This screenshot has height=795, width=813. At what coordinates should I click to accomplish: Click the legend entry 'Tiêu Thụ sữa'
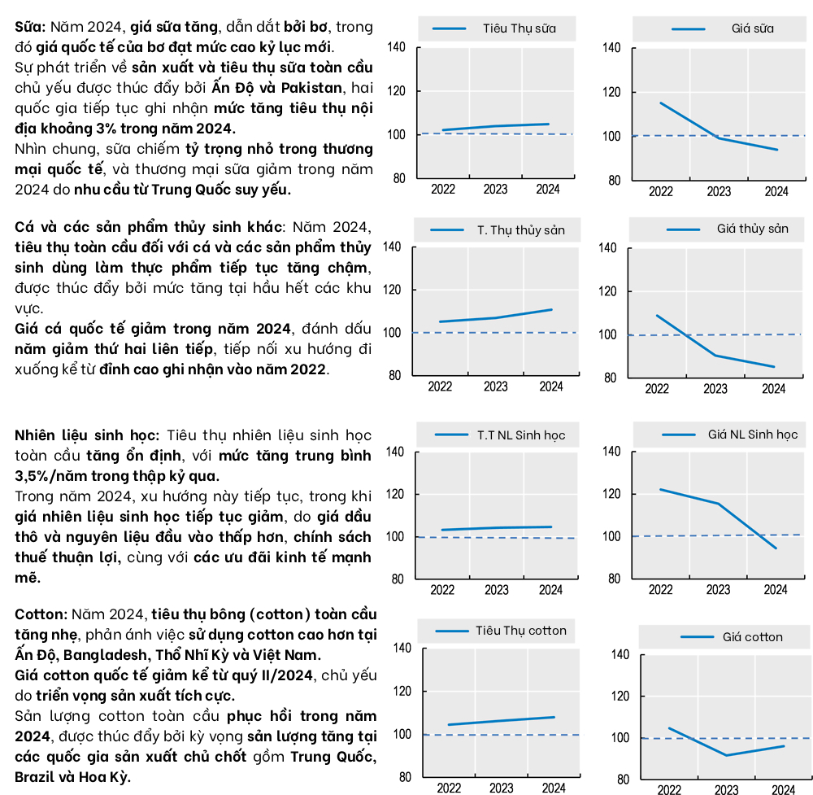click(x=519, y=28)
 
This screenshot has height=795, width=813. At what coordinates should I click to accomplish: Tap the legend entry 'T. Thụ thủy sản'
click(x=520, y=229)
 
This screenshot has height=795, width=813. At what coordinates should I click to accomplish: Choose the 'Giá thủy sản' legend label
click(x=752, y=229)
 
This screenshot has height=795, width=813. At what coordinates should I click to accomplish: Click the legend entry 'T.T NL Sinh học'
click(x=521, y=435)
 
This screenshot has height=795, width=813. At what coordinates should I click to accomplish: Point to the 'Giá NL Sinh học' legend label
click(x=752, y=435)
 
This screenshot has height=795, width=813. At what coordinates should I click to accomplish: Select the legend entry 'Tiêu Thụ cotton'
click(x=521, y=630)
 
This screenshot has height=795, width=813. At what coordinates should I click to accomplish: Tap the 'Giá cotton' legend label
click(x=752, y=637)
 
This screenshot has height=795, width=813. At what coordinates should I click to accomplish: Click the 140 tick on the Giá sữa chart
click(x=612, y=49)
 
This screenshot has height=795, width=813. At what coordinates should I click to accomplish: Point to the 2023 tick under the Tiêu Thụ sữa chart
click(x=495, y=190)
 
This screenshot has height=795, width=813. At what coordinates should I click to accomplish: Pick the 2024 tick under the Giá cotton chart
click(x=783, y=789)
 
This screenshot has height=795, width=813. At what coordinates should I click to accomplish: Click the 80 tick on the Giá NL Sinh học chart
click(x=614, y=579)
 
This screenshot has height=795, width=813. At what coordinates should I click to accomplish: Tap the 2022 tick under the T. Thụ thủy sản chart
click(x=441, y=387)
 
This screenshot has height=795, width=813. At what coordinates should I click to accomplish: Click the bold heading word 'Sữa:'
click(x=31, y=27)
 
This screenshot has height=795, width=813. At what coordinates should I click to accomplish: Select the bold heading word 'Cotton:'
click(x=41, y=614)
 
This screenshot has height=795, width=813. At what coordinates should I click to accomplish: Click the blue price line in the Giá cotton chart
click(x=726, y=754)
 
